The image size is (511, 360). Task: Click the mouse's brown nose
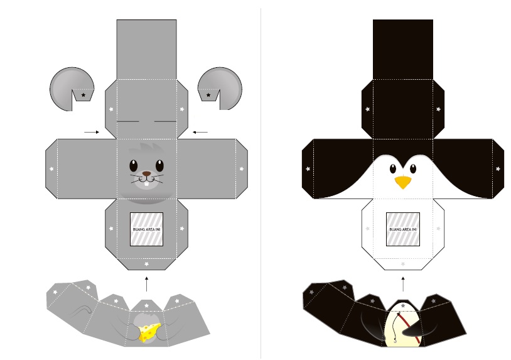click(147, 174)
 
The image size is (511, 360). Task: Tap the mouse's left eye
click(133, 166)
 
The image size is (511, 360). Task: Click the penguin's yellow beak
click(403, 182)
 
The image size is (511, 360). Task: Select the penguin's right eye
click(412, 168)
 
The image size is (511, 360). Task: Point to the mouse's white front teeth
click(147, 184)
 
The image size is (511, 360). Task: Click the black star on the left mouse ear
click(83, 95)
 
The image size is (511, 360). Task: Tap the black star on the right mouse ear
click(208, 95)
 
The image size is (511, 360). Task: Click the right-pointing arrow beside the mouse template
click(92, 132)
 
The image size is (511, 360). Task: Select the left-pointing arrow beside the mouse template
click(200, 132)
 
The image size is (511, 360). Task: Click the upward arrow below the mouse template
click(147, 284)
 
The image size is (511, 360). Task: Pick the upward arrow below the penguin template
click(403, 284)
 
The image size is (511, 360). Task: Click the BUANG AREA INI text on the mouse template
click(147, 229)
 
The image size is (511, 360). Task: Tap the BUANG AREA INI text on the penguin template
click(403, 229)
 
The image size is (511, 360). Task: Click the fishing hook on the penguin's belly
click(395, 341)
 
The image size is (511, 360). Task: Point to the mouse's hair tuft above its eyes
click(146, 150)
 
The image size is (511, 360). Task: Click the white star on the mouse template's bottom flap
click(147, 264)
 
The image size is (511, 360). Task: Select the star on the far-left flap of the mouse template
click(51, 169)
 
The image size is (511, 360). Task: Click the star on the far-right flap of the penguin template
click(498, 169)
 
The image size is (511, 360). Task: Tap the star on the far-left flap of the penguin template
click(308, 169)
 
